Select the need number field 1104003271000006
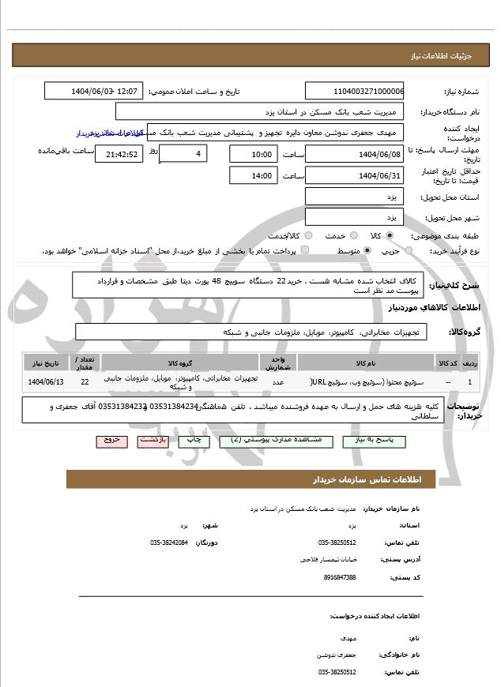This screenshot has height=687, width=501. pyautogui.click(x=354, y=92)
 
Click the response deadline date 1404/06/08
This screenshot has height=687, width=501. pyautogui.click(x=354, y=153)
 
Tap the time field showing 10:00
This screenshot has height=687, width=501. pyautogui.click(x=254, y=153)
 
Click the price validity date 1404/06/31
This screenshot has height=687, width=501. pyautogui.click(x=354, y=175)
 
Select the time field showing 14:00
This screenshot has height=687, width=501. pyautogui.click(x=254, y=175)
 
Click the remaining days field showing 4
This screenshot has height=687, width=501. pyautogui.click(x=183, y=153)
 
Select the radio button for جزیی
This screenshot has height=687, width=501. pyautogui.click(x=407, y=250)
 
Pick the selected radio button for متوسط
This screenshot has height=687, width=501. pyautogui.click(x=366, y=250)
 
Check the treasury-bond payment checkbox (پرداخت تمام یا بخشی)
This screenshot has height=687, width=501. pyautogui.click(x=305, y=250)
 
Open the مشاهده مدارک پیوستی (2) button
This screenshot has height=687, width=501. pyautogui.click(x=270, y=441)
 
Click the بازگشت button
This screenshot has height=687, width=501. pyautogui.click(x=153, y=441)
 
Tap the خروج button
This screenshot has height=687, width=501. pyautogui.click(x=111, y=441)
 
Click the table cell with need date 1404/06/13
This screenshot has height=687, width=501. pyautogui.click(x=47, y=382)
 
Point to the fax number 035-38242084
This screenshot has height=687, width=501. pyautogui.click(x=169, y=542)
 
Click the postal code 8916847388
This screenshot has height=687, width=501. pyautogui.click(x=340, y=577)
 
